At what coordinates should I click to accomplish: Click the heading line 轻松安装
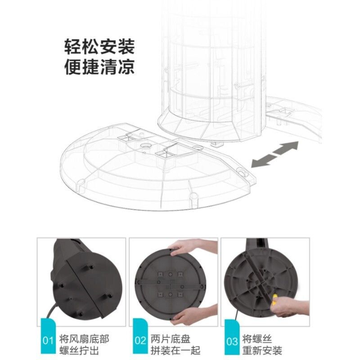99,47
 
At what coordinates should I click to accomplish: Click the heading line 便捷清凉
99,67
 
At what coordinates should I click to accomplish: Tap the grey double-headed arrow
275,154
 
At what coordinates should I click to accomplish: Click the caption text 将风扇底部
84,339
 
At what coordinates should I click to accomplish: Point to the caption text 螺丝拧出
79,351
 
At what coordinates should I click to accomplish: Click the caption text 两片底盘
171,339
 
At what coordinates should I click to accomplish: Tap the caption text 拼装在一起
175,351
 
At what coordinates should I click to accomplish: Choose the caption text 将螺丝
257,339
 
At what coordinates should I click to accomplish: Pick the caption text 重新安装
262,351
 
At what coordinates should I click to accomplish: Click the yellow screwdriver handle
274,299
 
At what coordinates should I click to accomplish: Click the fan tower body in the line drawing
212,69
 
